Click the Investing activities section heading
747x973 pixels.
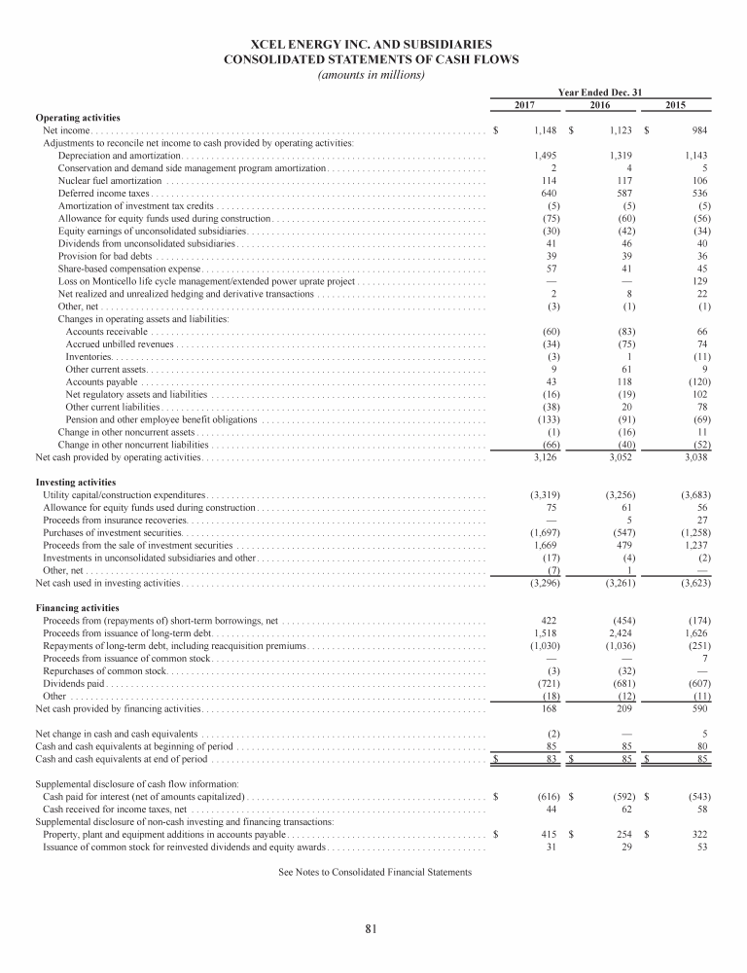click(x=76, y=482)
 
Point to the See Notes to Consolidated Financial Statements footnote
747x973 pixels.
click(x=374, y=873)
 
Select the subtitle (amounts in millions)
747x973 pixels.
click(x=373, y=75)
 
